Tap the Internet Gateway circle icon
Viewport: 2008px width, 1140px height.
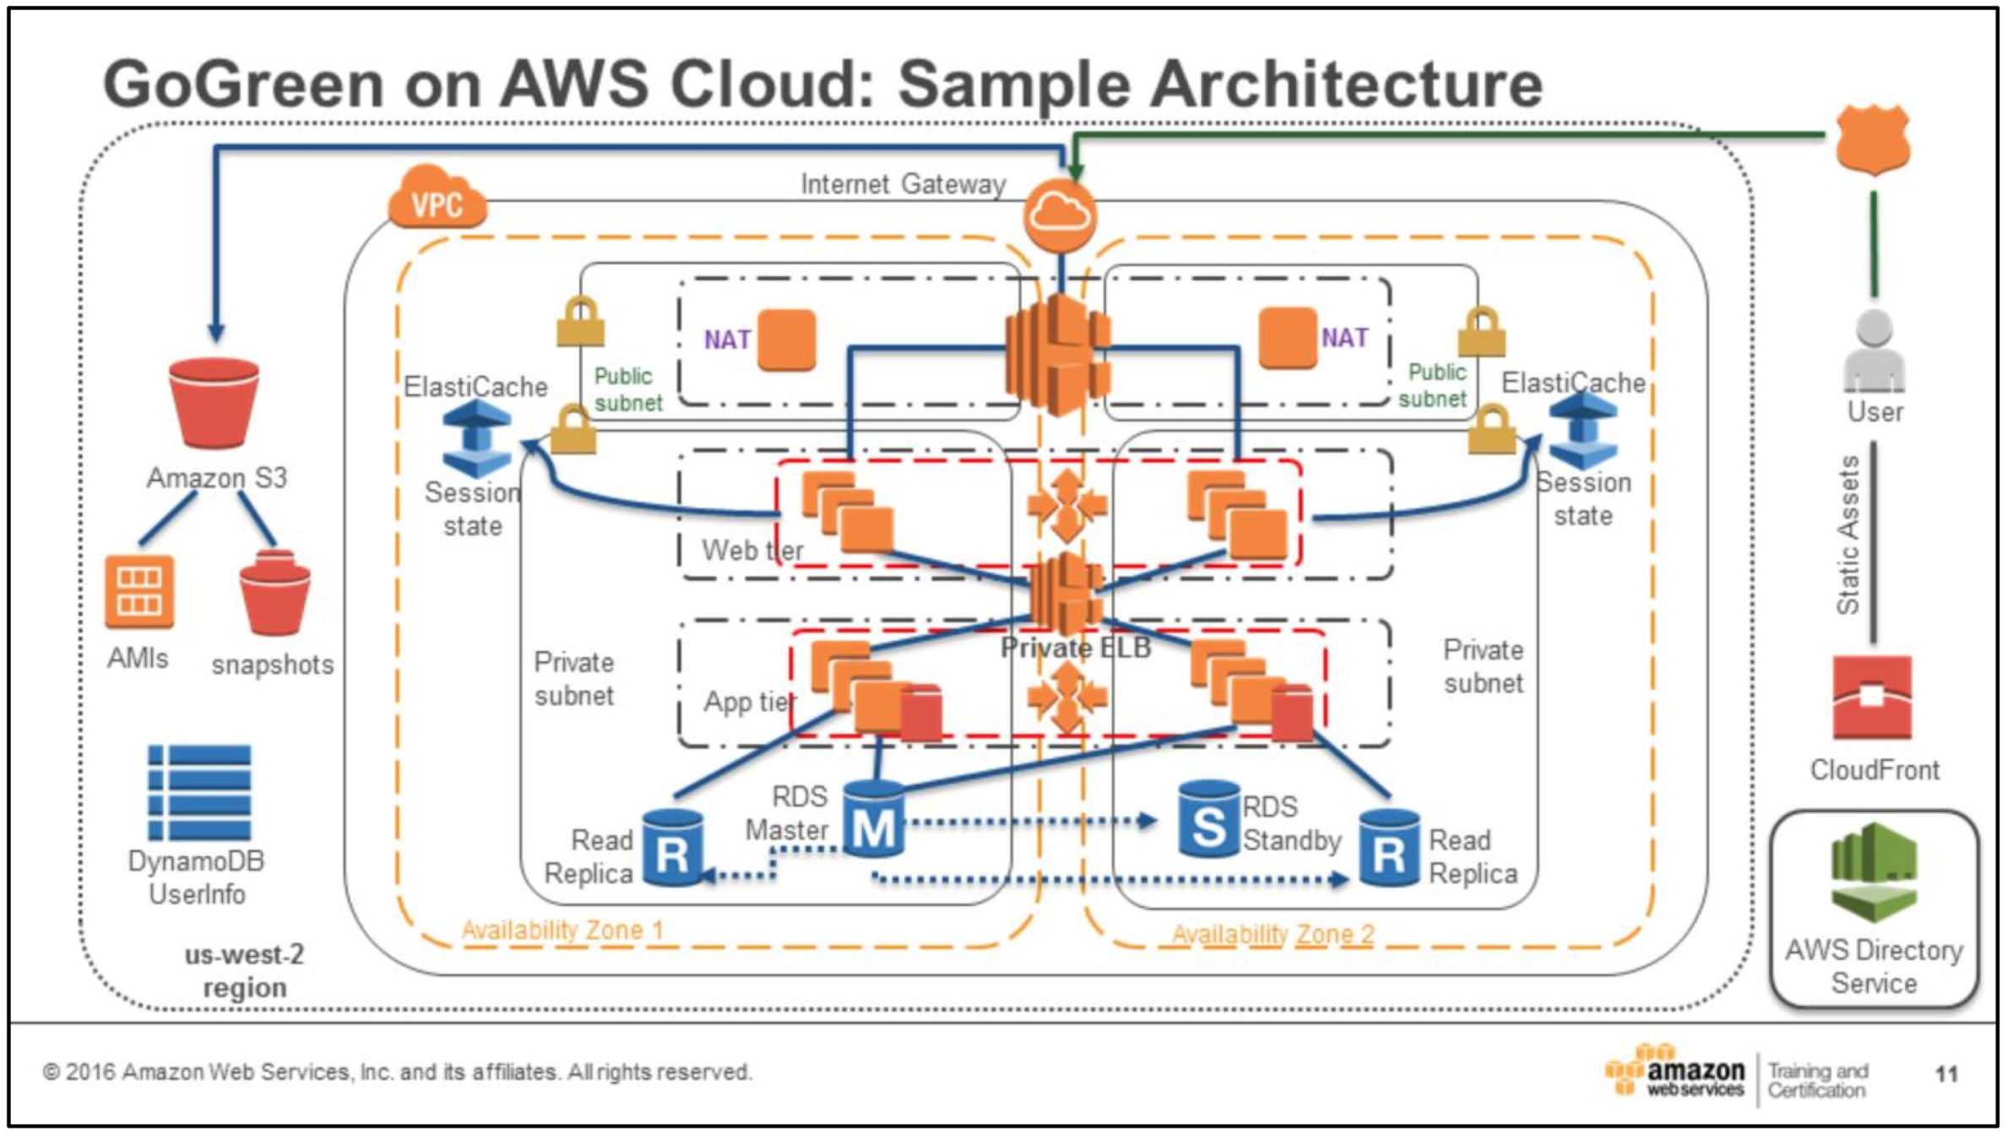pos(1061,215)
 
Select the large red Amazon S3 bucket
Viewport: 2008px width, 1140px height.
pos(214,402)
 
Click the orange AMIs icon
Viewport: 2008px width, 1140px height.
pos(139,591)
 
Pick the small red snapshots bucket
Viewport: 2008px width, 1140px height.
pos(274,593)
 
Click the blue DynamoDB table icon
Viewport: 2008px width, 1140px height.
pos(199,792)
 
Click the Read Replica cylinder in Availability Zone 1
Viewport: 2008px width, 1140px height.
pos(672,848)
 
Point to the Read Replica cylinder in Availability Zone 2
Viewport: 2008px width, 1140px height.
pos(1389,848)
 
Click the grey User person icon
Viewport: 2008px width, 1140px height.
pos(1874,351)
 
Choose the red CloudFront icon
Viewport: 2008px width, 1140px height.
pos(1872,698)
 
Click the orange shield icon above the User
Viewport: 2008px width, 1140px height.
pos(1874,139)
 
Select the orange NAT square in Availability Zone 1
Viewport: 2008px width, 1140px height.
pos(787,339)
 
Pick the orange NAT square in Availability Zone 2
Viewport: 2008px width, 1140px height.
pos(1288,338)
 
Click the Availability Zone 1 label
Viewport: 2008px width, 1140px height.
pos(562,931)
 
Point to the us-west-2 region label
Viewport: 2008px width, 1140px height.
pos(245,971)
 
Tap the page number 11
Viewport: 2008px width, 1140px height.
pos(1946,1074)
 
